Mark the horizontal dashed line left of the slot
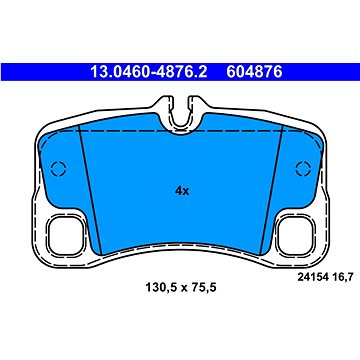click(115, 130)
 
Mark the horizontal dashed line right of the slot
click(245, 130)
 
